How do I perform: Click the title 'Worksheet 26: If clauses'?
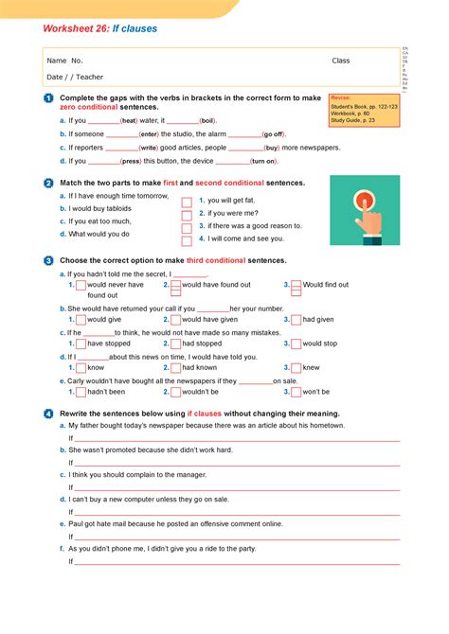point(100,29)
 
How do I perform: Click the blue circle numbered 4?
point(47,414)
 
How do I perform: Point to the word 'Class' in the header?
point(340,61)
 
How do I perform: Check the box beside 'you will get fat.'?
point(187,201)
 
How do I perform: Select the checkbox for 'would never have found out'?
point(81,285)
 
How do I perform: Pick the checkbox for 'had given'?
point(296,320)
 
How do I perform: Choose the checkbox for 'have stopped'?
point(81,344)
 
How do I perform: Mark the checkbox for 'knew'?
point(296,368)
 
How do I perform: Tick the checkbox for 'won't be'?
point(296,392)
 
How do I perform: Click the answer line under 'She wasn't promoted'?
point(237,463)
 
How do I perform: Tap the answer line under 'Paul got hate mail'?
point(237,537)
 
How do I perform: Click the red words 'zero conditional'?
point(88,109)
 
